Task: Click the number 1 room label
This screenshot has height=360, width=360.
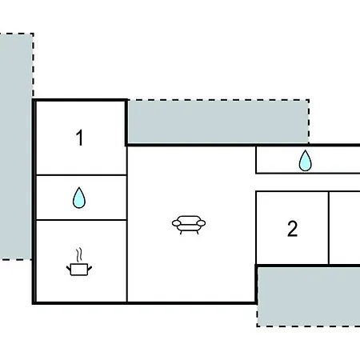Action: [79, 138]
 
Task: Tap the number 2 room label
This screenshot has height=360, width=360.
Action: [292, 229]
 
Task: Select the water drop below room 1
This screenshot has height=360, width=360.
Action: [79, 198]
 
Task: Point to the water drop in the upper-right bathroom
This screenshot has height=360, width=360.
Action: [305, 161]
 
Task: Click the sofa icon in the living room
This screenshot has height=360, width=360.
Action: [189, 225]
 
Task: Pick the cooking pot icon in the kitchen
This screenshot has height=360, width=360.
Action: [79, 269]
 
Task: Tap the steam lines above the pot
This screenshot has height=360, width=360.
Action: [79, 255]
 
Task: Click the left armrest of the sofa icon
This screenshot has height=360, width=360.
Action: [176, 223]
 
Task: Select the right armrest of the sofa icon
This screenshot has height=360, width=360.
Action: [201, 223]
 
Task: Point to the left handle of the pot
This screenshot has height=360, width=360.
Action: [69, 268]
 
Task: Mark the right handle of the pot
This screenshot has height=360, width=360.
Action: [90, 268]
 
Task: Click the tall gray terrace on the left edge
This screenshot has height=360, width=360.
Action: [16, 146]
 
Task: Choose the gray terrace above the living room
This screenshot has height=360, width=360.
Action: [218, 122]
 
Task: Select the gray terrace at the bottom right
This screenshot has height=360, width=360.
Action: [309, 297]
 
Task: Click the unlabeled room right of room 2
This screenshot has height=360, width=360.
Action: [345, 228]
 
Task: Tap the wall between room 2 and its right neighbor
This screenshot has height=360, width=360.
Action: [329, 228]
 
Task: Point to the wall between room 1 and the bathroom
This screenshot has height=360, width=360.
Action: [81, 175]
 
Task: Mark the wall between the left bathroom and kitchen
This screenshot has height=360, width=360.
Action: [81, 220]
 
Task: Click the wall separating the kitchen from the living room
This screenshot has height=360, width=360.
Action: [127, 262]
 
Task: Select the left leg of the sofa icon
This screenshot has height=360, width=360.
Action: [181, 232]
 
